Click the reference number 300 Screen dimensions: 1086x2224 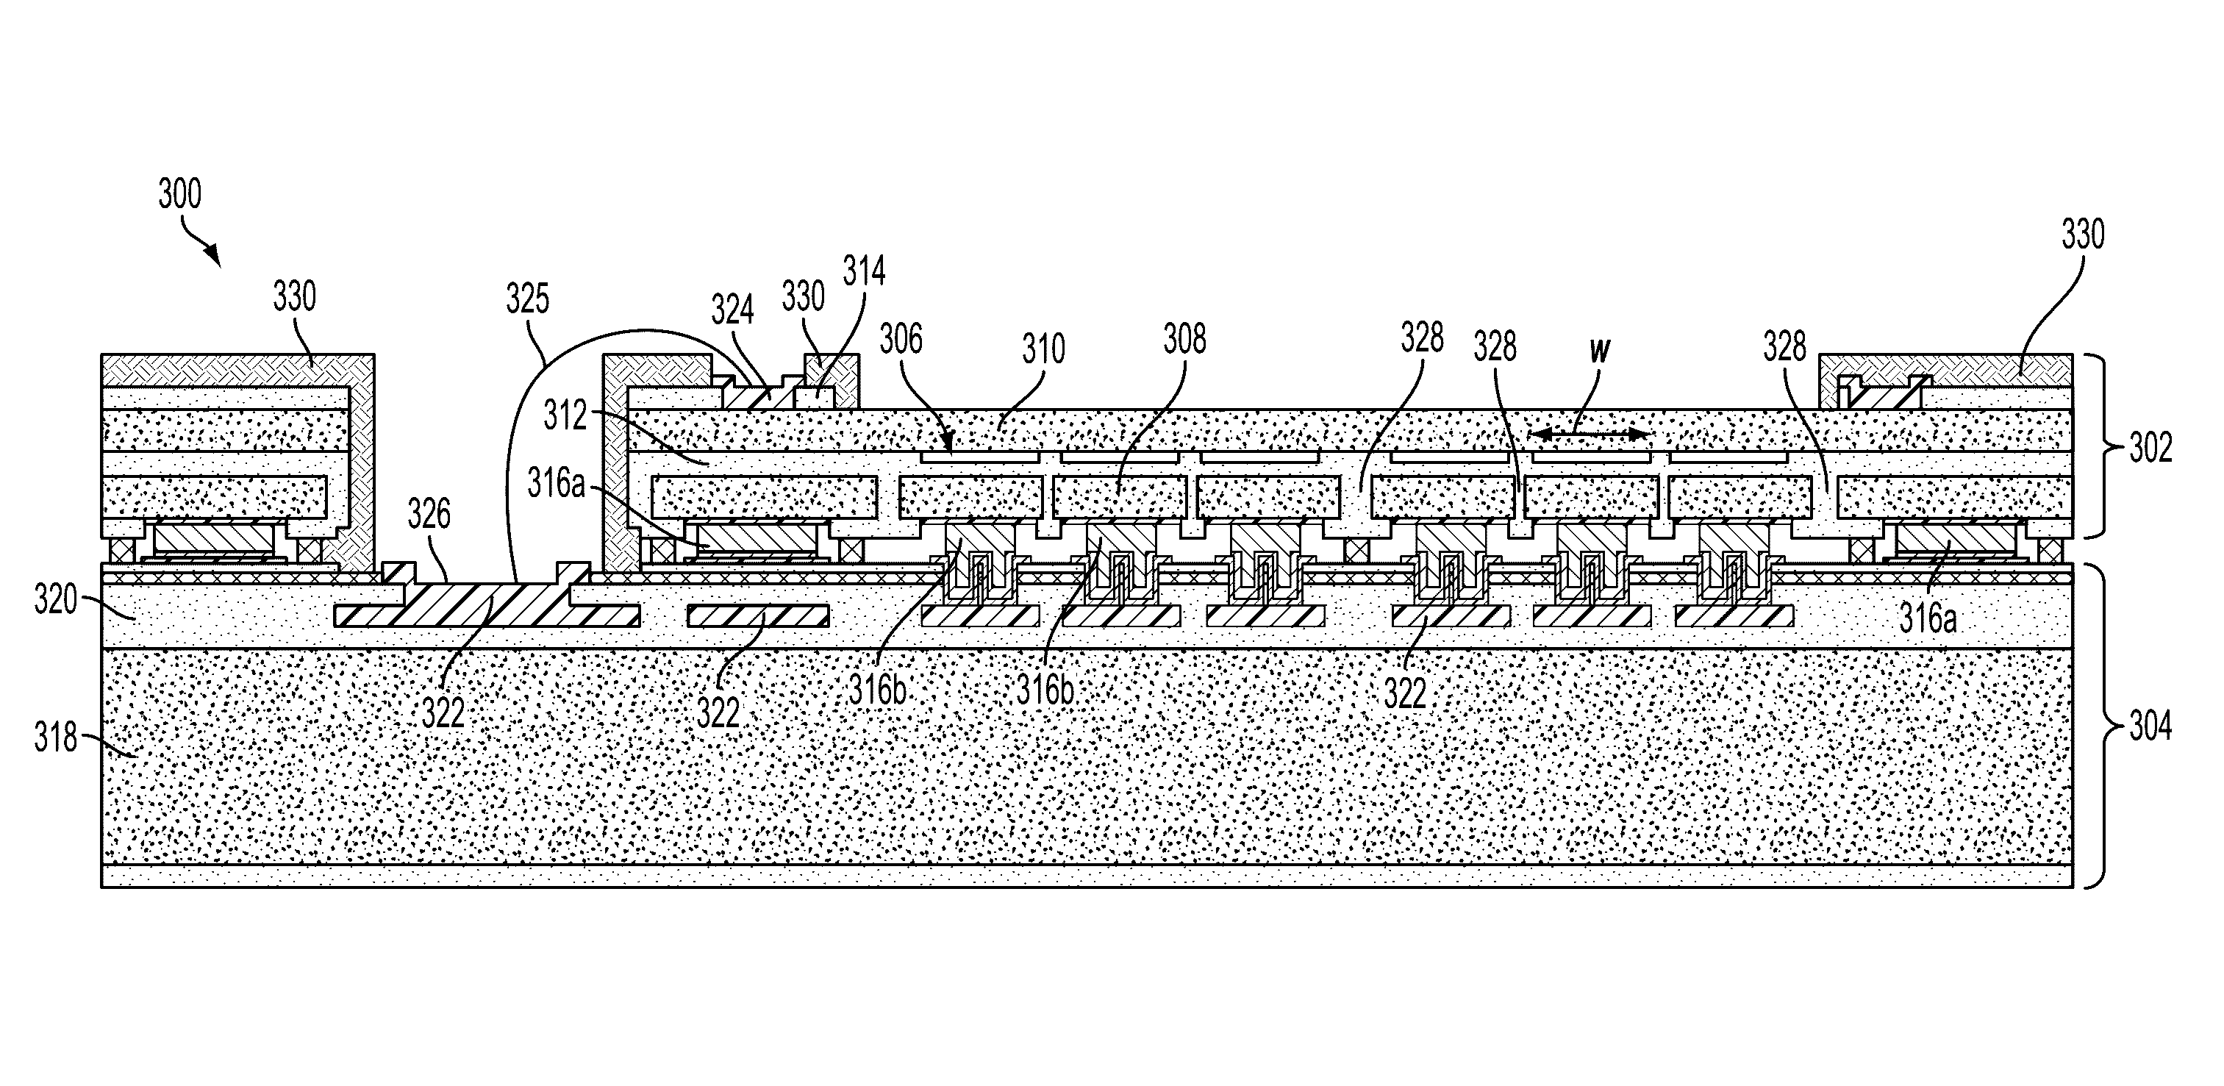[179, 194]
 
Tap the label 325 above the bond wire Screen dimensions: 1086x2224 [526, 299]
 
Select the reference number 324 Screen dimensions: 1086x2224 [732, 309]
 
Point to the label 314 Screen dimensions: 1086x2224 [864, 271]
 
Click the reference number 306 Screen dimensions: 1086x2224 [901, 338]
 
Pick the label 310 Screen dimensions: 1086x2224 [1044, 350]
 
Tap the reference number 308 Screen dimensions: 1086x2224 [1184, 339]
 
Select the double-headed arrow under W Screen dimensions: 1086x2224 [1590, 435]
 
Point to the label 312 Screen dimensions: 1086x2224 [565, 416]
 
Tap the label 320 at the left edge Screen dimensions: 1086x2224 [56, 599]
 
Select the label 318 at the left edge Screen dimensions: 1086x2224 [56, 738]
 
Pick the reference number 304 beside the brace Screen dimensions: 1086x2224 [2150, 727]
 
